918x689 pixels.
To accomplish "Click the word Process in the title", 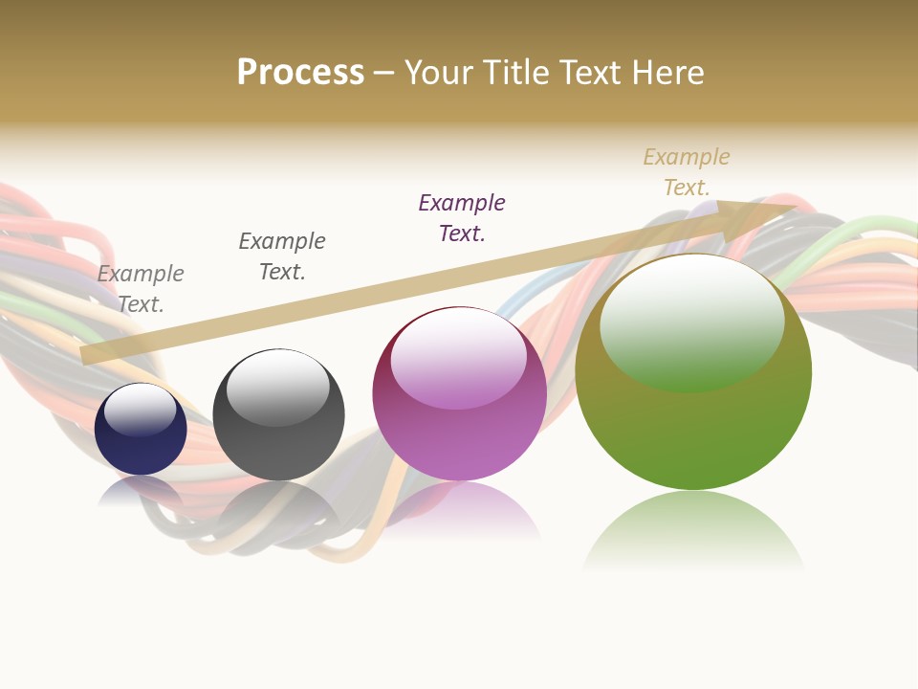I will coord(300,73).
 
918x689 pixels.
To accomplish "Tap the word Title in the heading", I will coord(517,73).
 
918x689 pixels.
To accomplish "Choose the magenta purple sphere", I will coord(459,421).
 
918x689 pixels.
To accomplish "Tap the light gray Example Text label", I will coord(141,289).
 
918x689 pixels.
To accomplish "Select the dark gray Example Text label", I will coord(282,256).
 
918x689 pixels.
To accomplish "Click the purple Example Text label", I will coord(462,218).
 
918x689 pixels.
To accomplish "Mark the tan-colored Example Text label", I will coord(687,172).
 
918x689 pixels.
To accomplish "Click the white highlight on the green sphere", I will coord(691,321).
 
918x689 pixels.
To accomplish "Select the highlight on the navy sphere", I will coord(140,410).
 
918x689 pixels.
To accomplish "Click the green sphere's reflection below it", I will coord(693,531).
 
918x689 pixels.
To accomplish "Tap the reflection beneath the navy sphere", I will coord(141,491).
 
